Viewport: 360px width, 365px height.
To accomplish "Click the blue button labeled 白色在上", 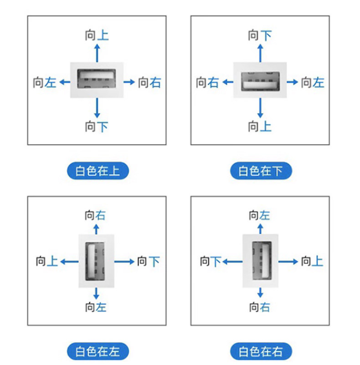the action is pos(98,171).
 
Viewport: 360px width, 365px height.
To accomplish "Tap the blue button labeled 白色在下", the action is pos(261,171).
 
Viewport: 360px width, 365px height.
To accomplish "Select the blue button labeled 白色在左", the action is pos(98,351).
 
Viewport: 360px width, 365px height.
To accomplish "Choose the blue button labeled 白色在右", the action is pos(261,351).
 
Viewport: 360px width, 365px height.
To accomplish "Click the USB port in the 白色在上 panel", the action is pos(97,79).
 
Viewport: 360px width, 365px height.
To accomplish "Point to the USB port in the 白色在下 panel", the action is pos(260,81).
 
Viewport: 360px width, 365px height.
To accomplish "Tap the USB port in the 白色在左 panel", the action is pos(95,261).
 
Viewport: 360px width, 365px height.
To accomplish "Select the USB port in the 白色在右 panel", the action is pos(262,260).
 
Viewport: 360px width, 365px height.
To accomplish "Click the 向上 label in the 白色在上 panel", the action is pos(97,35).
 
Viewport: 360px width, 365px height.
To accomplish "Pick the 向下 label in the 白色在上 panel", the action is pos(97,127).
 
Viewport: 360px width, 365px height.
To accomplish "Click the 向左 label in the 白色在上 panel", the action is pos(45,82).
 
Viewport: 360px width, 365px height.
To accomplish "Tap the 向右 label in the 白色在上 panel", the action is pos(149,82).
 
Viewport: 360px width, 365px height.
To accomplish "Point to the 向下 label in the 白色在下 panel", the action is pos(260,35).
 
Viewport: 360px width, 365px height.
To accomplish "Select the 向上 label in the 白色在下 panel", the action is pos(260,127).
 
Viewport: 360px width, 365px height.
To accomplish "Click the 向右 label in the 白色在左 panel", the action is pos(95,215).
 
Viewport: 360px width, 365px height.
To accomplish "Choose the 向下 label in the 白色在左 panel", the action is pos(148,261).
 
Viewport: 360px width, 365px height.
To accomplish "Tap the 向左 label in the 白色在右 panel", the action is pos(259,215).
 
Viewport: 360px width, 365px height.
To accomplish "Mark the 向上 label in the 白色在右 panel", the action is pos(312,261).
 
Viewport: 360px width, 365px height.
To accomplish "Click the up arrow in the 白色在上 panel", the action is pos(97,53).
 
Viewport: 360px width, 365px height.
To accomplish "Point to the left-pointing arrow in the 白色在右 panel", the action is pos(232,262).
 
